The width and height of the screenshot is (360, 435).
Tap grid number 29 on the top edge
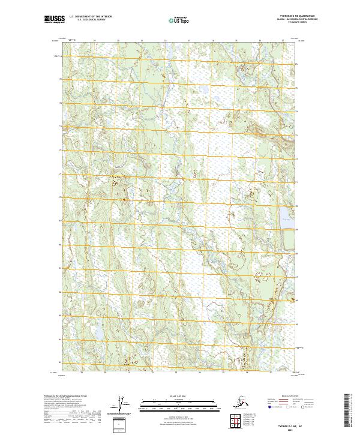point(95,41)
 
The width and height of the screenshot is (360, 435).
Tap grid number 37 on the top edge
point(283,41)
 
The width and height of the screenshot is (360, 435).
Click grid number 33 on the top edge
point(189,41)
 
